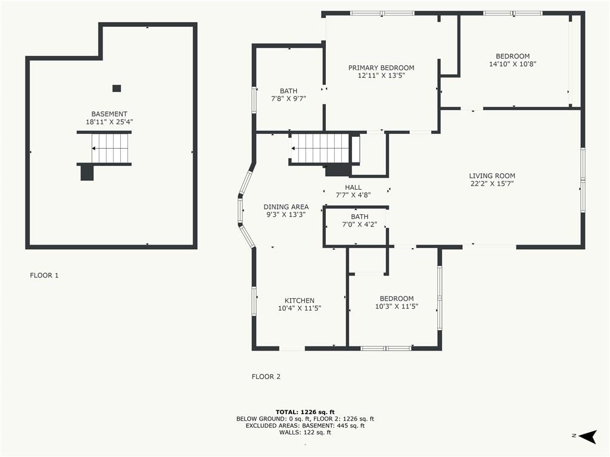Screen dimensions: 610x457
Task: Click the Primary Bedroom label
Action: click(381, 68)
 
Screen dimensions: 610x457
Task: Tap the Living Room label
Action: click(491, 176)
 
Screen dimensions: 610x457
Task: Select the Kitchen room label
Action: click(299, 301)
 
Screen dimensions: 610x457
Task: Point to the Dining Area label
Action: click(286, 206)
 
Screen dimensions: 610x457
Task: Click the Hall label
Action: click(353, 187)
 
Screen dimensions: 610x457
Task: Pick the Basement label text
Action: click(110, 114)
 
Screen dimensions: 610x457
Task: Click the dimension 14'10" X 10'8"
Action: click(512, 64)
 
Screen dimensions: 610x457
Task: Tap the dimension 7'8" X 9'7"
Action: click(288, 99)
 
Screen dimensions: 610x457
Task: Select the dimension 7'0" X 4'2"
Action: click(359, 224)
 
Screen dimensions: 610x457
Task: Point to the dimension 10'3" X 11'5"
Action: click(396, 306)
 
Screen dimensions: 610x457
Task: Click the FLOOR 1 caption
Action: click(44, 276)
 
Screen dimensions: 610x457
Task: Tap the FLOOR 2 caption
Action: click(266, 377)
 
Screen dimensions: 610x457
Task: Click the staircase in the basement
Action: click(110, 148)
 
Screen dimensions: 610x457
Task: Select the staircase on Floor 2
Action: click(321, 148)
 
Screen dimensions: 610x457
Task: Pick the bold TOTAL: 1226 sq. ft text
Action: click(305, 412)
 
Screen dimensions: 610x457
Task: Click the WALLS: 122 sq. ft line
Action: click(305, 432)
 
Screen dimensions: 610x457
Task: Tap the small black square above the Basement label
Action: click(116, 88)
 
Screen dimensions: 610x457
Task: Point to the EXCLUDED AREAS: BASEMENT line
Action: click(305, 425)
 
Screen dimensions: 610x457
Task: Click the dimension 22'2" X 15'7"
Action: click(491, 184)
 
